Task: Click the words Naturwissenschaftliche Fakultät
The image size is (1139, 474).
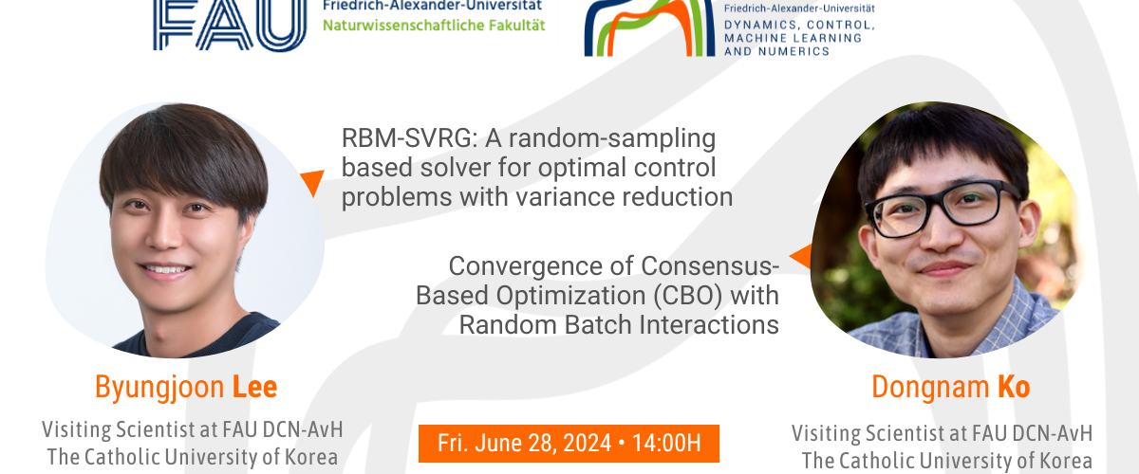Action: coord(434,25)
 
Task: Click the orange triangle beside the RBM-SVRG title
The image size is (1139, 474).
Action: coord(310,182)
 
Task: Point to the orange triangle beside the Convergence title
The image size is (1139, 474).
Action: coord(800,255)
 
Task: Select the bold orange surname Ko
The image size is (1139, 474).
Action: coord(1012,388)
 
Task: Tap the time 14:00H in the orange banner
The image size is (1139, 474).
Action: coord(667,443)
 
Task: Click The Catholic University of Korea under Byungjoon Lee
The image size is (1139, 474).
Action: coord(193,457)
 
